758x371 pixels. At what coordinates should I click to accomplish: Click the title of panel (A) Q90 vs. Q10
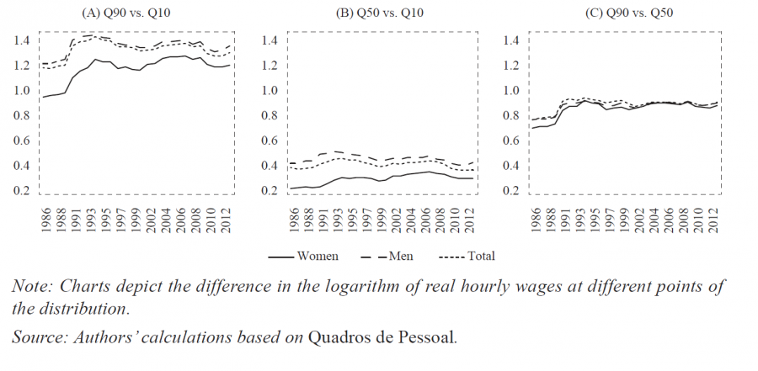pyautogui.click(x=127, y=13)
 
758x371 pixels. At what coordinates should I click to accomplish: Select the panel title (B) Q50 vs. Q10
pyautogui.click(x=380, y=13)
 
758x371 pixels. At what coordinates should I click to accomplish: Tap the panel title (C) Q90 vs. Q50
pyautogui.click(x=631, y=13)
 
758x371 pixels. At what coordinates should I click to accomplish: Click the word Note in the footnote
pyautogui.click(x=30, y=286)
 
